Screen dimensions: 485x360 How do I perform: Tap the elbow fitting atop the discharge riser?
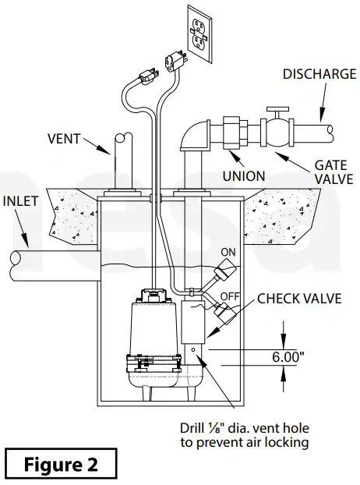coord(193,135)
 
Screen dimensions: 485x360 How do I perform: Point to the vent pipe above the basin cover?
coord(118,159)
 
